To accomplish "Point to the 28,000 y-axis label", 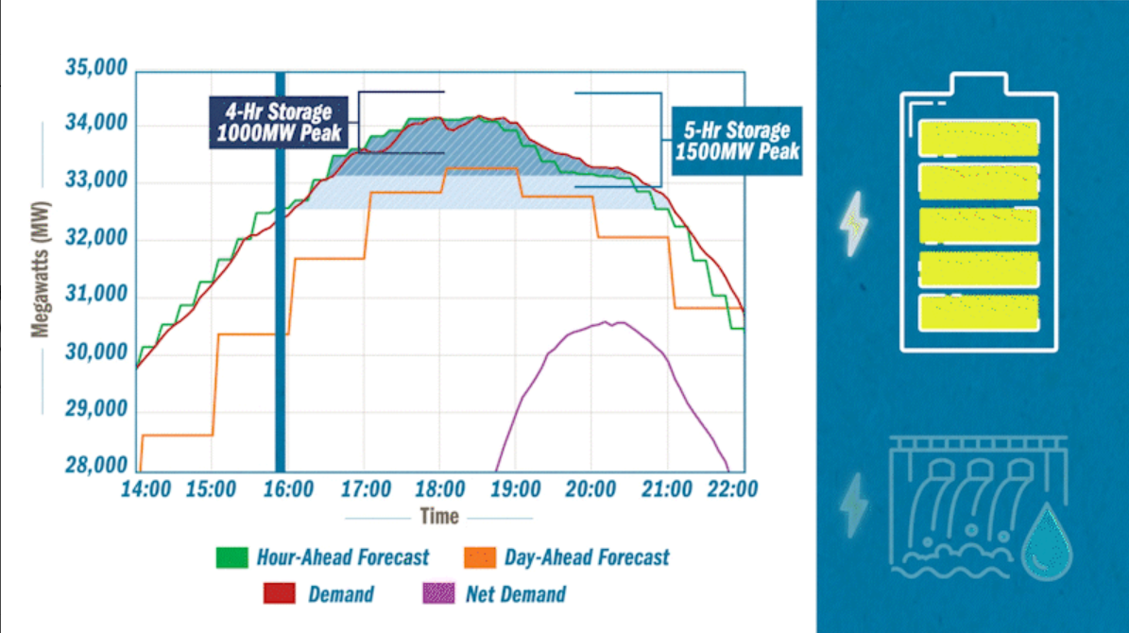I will (x=95, y=466).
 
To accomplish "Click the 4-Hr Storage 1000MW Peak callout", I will (x=279, y=122).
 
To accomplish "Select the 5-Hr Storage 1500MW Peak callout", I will (x=737, y=140).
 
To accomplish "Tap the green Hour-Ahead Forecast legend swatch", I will (x=232, y=556).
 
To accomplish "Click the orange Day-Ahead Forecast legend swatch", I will (x=480, y=556).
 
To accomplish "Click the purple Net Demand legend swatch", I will (x=437, y=594).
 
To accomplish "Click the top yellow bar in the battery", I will (x=979, y=137).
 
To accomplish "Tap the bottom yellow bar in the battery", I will (x=979, y=312).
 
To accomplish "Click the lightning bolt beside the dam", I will (x=854, y=505).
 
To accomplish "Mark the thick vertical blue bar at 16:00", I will (x=280, y=283).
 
